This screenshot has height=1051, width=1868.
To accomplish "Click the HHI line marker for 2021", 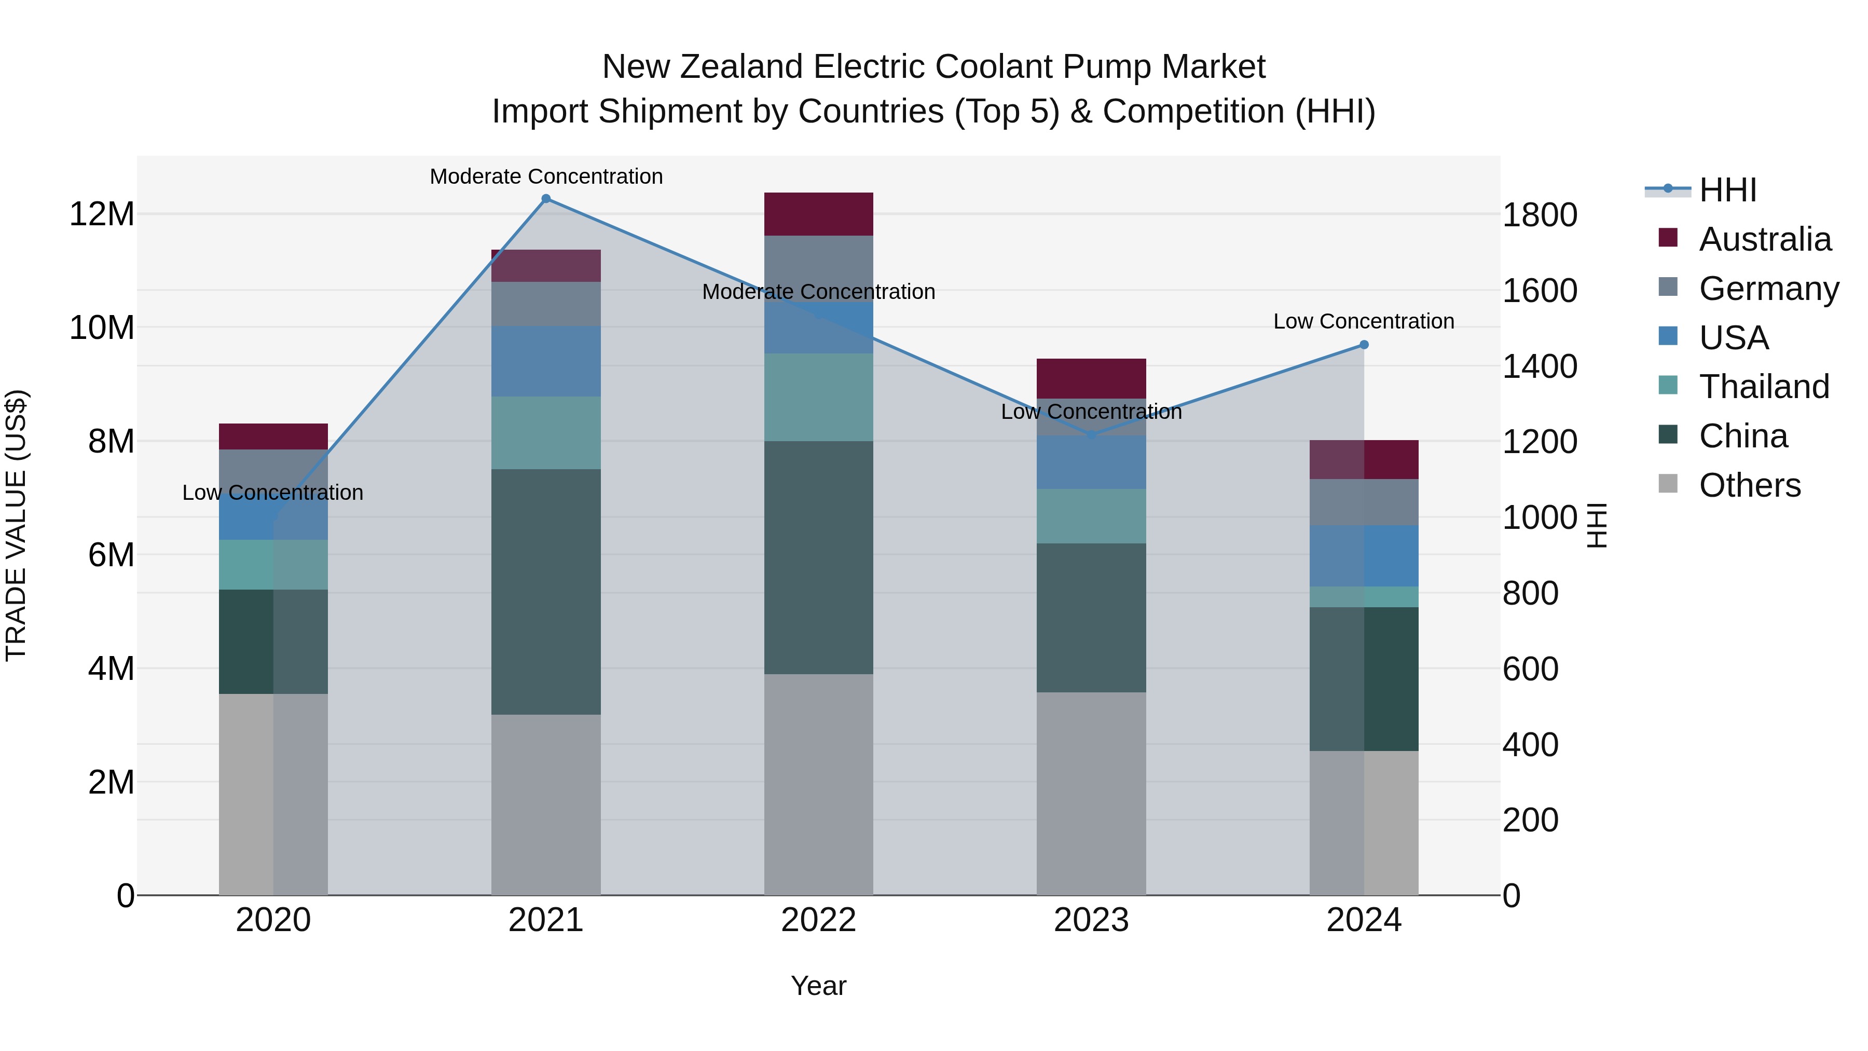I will (546, 199).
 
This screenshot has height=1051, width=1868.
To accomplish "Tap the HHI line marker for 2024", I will (1364, 345).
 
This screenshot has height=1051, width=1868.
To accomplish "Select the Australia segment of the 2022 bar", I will (819, 214).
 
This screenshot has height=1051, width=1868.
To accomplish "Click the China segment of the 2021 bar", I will (546, 591).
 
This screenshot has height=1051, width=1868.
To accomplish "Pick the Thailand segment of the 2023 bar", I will (1091, 516).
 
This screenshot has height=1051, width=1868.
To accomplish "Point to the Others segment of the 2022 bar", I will (819, 784).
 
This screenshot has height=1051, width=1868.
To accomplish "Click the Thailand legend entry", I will (1764, 387).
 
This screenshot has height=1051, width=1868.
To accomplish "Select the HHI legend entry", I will (1727, 190).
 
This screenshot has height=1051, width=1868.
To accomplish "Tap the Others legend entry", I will (1749, 485).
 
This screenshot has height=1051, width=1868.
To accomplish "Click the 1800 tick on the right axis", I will (1540, 215).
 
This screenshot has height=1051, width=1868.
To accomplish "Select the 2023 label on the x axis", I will (1091, 920).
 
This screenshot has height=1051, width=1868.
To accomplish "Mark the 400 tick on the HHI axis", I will (1530, 745).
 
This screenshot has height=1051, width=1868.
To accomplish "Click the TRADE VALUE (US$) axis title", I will (16, 525).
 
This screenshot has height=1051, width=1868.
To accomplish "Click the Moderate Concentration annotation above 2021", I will (546, 176).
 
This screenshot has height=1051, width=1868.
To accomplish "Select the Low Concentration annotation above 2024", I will (1364, 321).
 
